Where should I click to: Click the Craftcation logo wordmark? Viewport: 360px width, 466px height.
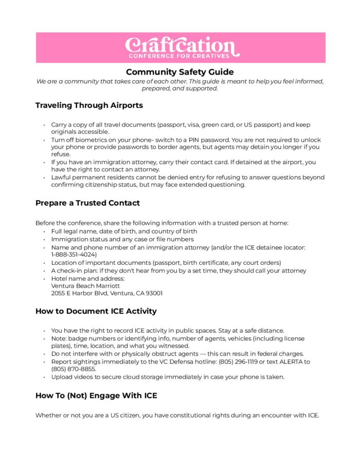point(180,44)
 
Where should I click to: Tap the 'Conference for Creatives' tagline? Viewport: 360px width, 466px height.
point(180,55)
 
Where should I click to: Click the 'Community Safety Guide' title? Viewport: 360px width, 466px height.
point(180,72)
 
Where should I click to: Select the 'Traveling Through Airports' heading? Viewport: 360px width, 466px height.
point(89,105)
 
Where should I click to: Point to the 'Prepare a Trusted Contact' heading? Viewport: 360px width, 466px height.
point(87,203)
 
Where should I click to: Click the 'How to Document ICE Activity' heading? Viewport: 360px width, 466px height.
point(96,311)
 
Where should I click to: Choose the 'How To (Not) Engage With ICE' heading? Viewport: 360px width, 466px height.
point(96,396)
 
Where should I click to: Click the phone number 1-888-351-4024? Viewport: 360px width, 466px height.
point(74,255)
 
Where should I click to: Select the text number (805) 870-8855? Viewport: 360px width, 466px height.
point(74,369)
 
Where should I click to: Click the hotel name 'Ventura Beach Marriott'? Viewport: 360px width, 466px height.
point(85,285)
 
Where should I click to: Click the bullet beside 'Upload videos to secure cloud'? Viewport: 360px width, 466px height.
point(45,377)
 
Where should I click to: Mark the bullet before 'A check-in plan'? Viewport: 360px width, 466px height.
point(45,271)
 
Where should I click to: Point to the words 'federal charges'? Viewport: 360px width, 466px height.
point(281,354)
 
